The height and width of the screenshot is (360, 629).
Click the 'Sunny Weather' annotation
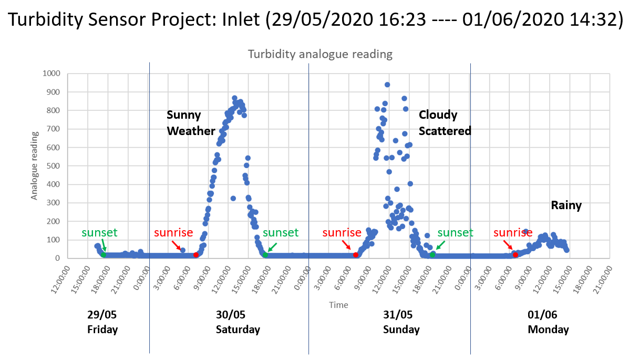[191, 123]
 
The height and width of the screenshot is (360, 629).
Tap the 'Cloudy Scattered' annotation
[445, 123]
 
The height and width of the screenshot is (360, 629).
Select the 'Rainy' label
[566, 205]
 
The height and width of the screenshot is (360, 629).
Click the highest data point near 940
[387, 85]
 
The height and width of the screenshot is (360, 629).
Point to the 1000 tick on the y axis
[51, 74]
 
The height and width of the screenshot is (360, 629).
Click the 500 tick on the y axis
[54, 166]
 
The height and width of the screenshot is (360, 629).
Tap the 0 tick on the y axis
[58, 258]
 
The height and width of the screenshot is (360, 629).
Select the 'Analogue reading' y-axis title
[34, 166]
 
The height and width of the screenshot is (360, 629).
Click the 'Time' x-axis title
[338, 305]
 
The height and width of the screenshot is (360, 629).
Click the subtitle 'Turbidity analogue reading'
[320, 54]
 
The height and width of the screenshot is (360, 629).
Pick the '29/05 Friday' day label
[102, 322]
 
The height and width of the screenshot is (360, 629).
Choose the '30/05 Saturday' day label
[238, 322]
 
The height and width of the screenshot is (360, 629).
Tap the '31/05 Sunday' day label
[401, 322]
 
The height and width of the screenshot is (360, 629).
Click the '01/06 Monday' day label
[548, 322]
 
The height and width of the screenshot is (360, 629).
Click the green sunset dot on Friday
[104, 255]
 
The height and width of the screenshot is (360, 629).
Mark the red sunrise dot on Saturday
[196, 255]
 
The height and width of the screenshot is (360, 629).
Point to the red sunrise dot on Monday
[515, 255]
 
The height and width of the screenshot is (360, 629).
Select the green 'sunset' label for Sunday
[455, 233]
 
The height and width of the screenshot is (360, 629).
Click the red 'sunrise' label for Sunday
[342, 233]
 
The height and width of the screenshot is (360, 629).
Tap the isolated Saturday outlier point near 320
[233, 198]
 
